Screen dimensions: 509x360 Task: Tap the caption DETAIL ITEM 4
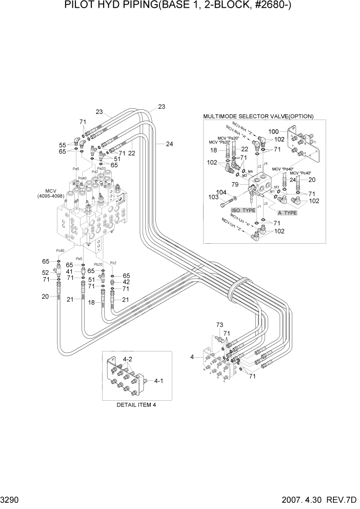pos(136,405)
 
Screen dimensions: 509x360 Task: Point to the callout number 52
pos(46,272)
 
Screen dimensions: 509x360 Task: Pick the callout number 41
pos(69,271)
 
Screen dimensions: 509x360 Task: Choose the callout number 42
pos(126,282)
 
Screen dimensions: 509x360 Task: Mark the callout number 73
pos(219,325)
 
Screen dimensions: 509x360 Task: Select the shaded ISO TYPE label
pos(244,210)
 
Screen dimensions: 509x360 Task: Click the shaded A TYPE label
pos(287,212)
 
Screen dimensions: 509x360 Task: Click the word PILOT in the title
pos(78,6)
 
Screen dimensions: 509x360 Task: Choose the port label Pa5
pos(75,169)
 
